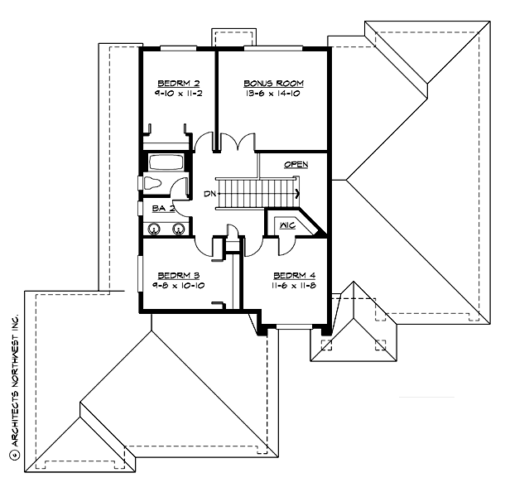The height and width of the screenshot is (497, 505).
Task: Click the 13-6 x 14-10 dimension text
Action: [273, 95]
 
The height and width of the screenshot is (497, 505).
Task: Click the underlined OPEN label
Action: [296, 165]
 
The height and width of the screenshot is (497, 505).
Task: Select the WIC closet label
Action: [287, 224]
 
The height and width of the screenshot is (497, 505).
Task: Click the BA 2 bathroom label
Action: [163, 208]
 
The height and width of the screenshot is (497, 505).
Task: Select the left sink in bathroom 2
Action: [155, 229]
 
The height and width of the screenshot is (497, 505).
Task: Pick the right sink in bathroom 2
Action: [177, 229]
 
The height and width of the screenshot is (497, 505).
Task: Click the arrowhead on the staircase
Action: [296, 194]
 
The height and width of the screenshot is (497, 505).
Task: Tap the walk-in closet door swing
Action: [286, 243]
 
